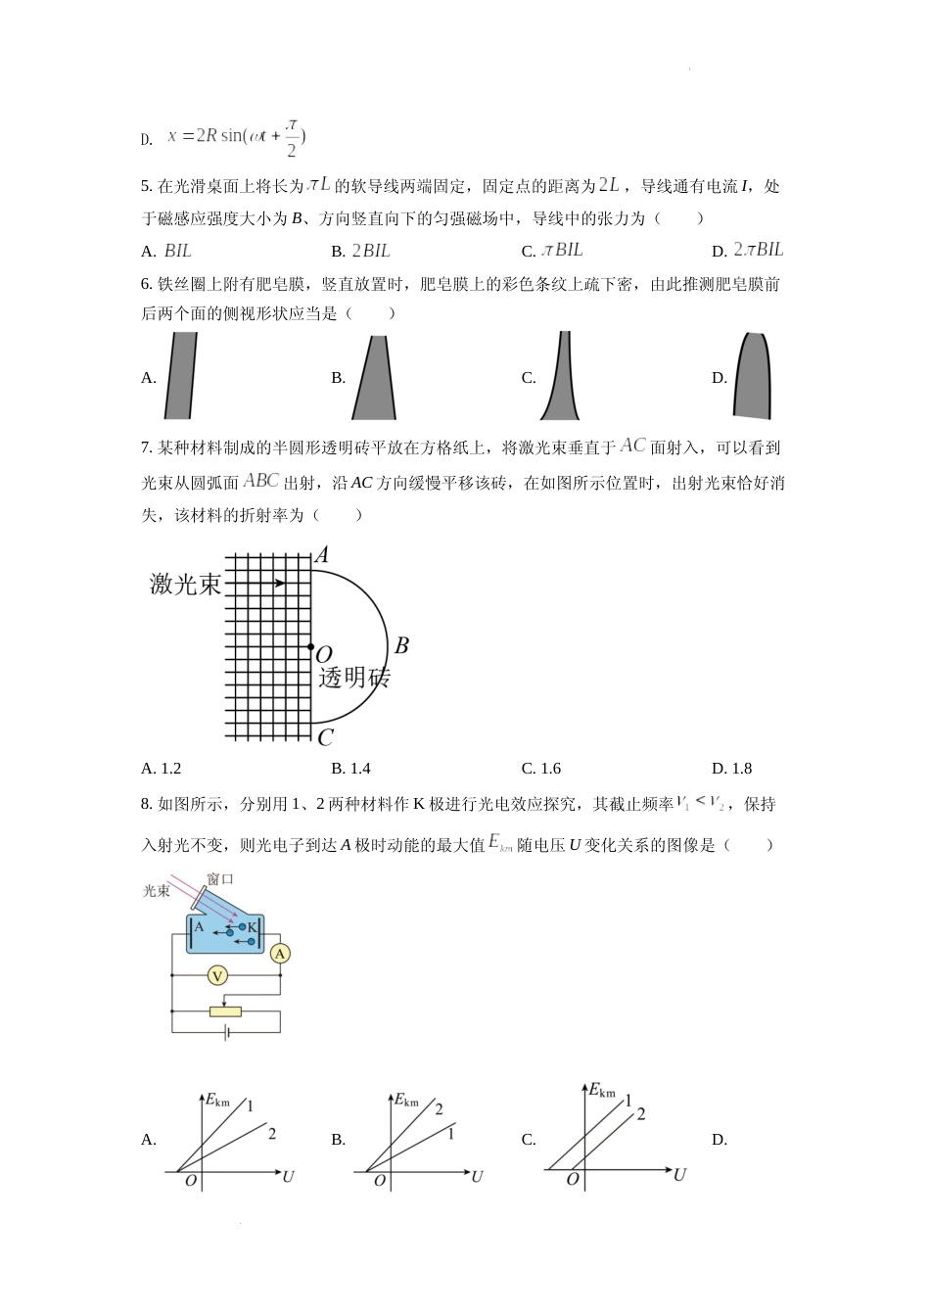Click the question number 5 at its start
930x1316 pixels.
coord(146,187)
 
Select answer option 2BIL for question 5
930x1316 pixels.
coord(370,251)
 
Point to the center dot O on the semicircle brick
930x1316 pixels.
coord(310,647)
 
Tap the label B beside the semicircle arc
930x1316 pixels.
coord(400,646)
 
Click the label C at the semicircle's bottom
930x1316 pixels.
coord(325,738)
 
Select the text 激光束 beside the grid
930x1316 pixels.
coord(185,585)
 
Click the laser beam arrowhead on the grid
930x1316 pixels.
coord(281,584)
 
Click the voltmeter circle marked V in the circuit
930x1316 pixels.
coord(218,975)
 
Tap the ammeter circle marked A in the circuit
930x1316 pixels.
coord(280,954)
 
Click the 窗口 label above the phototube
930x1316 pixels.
coord(220,878)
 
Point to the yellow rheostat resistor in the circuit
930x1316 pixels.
coord(225,1011)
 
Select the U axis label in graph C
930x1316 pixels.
coord(679,1174)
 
